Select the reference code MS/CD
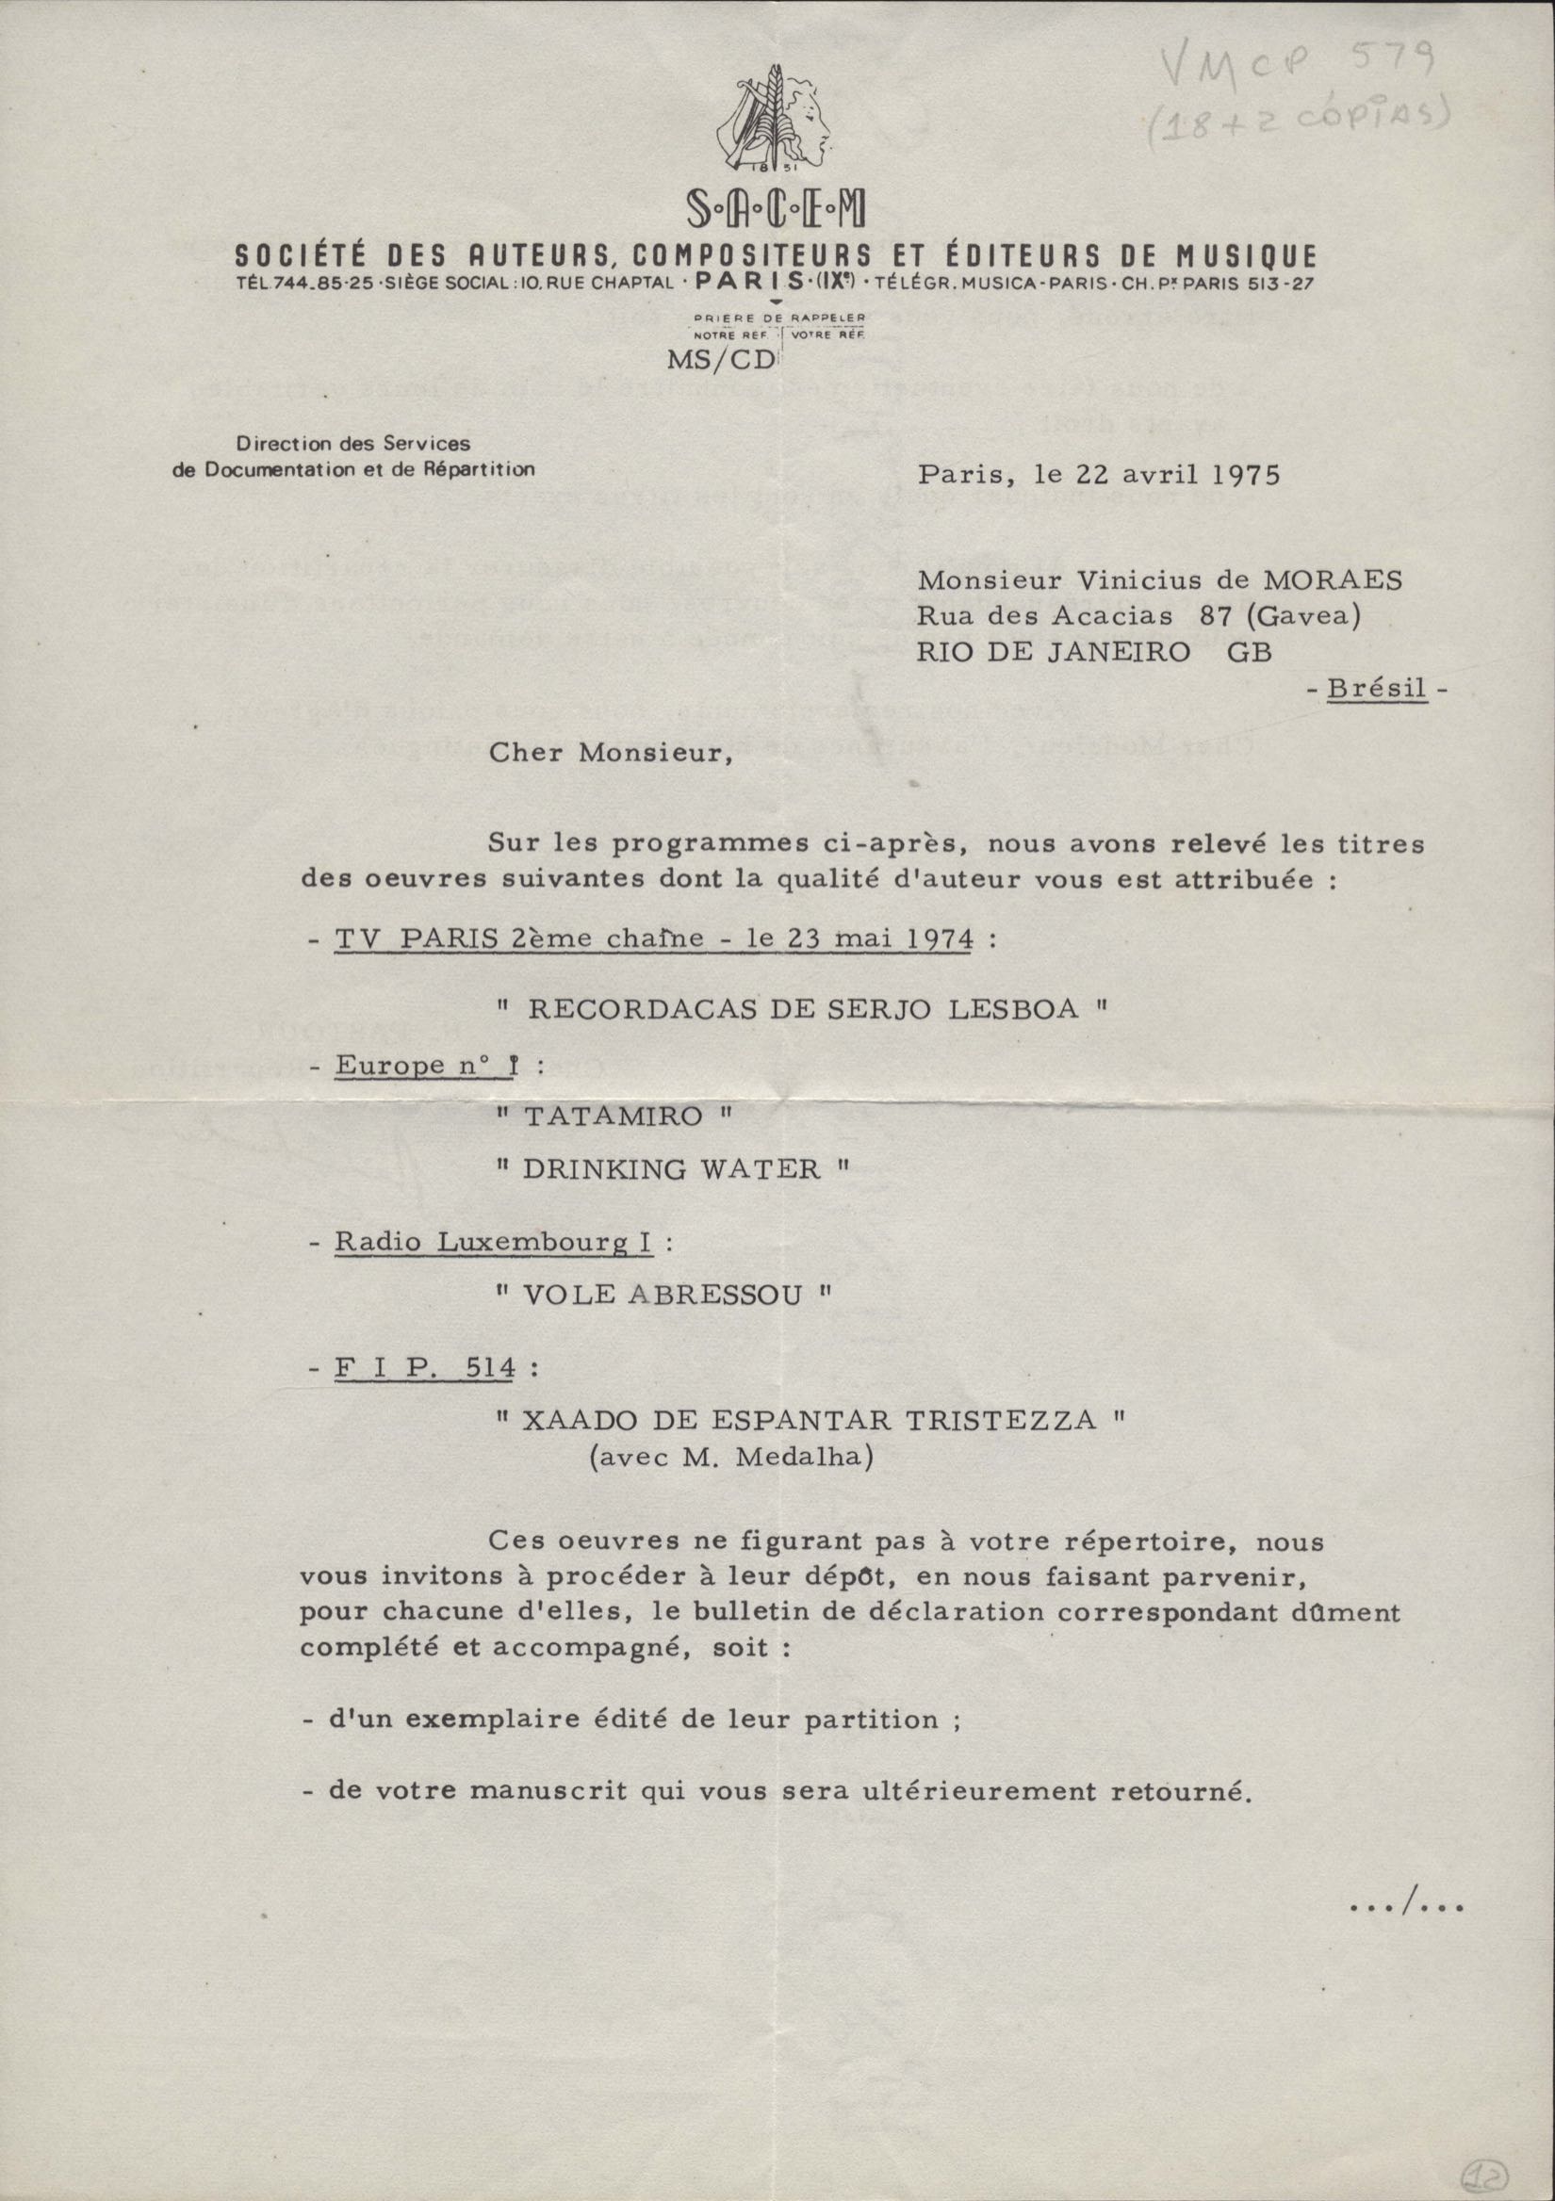pos(726,361)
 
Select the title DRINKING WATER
pos(671,1169)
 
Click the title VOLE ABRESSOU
pos(663,1296)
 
